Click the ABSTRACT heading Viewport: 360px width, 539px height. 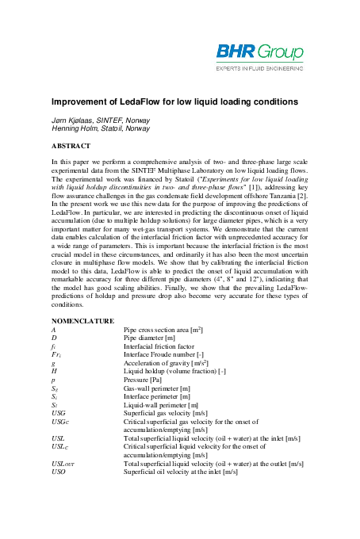click(x=71, y=147)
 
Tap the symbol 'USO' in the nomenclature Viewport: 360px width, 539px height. click(x=59, y=472)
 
